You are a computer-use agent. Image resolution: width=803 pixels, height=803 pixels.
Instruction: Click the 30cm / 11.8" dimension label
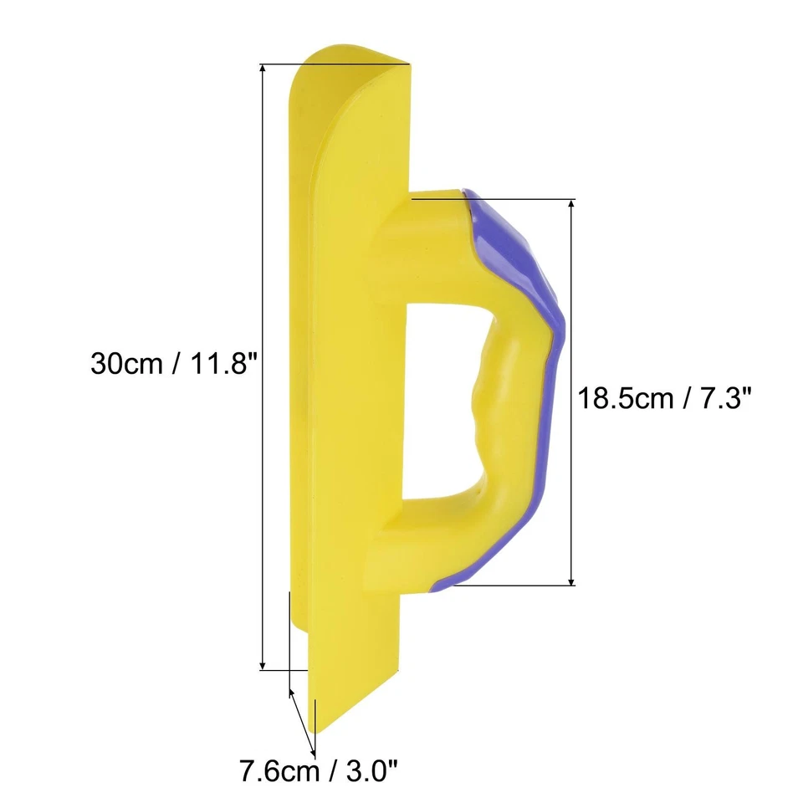pyautogui.click(x=172, y=365)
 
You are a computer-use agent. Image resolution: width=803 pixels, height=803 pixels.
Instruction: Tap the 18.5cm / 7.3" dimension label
pyautogui.click(x=661, y=397)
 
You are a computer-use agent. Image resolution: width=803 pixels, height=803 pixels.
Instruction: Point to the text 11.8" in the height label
pyautogui.click(x=216, y=365)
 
